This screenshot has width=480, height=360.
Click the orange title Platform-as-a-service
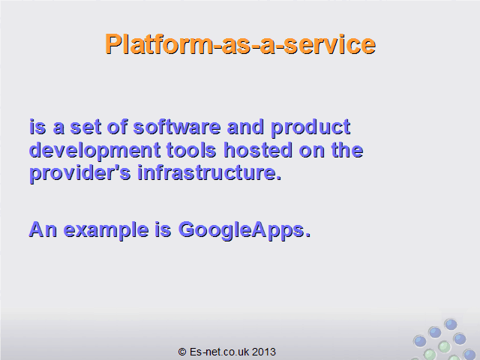(240, 44)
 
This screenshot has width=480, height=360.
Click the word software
(177, 127)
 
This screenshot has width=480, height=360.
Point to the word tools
(191, 150)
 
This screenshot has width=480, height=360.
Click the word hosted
(258, 150)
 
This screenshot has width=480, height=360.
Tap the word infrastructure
(209, 172)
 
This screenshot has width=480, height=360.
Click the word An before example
(43, 229)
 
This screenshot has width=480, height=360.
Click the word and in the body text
(245, 127)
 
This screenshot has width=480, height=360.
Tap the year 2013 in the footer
(264, 352)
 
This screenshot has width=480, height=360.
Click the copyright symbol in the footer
(182, 352)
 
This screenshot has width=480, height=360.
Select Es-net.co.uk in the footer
(219, 352)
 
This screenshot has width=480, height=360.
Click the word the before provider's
(347, 150)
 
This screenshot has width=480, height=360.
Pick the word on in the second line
(312, 151)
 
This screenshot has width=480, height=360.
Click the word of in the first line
(117, 127)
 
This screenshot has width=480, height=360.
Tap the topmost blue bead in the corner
(451, 325)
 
